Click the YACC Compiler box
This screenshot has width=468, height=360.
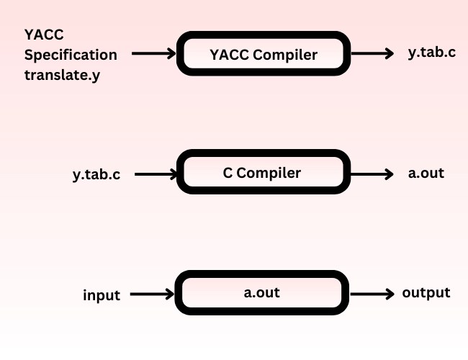coord(263,54)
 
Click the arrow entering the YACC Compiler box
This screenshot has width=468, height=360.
coord(154,53)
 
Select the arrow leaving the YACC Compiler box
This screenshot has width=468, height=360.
coord(372,53)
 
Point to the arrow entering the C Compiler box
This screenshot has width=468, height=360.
coord(156,174)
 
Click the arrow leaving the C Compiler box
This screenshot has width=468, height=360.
coord(371,174)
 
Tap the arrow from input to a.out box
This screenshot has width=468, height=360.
coord(153,294)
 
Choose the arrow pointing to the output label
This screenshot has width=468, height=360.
coord(372,294)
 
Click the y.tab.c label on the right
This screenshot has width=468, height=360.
coord(431,53)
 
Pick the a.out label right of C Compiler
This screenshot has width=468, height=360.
coord(426,174)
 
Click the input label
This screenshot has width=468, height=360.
coord(102,295)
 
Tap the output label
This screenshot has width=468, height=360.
coord(426,293)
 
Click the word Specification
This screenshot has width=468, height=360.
coord(71,55)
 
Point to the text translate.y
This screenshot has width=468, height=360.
coord(62,74)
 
